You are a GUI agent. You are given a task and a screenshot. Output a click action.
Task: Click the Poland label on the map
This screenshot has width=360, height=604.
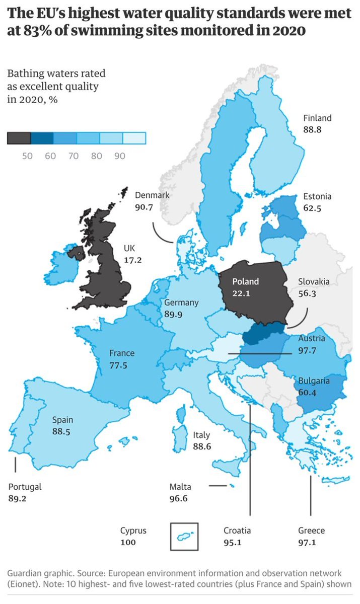(x=245, y=282)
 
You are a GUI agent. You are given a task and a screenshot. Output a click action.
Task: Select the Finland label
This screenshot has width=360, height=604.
(x=317, y=118)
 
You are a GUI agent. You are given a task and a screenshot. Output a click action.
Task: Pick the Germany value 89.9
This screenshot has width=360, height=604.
(x=174, y=314)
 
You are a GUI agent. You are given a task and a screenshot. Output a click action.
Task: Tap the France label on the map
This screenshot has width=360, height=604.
(x=122, y=353)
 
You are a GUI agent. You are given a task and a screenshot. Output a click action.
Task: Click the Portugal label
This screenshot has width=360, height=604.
(x=25, y=487)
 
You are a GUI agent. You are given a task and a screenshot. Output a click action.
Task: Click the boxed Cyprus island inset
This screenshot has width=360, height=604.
(x=184, y=537)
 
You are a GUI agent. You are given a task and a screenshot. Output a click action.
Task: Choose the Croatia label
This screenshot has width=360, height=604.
(x=237, y=531)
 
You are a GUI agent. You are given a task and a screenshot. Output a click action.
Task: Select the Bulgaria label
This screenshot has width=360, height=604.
(x=313, y=381)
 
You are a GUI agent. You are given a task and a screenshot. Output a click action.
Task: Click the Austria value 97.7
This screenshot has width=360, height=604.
(x=307, y=350)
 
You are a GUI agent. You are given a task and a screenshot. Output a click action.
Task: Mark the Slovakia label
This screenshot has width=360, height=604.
(x=314, y=281)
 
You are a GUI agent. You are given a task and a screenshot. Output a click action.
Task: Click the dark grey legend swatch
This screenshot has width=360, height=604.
(x=19, y=138)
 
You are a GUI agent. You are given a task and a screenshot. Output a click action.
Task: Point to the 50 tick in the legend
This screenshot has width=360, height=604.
(x=27, y=156)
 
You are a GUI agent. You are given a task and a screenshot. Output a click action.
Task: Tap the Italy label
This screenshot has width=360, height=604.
(x=201, y=435)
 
